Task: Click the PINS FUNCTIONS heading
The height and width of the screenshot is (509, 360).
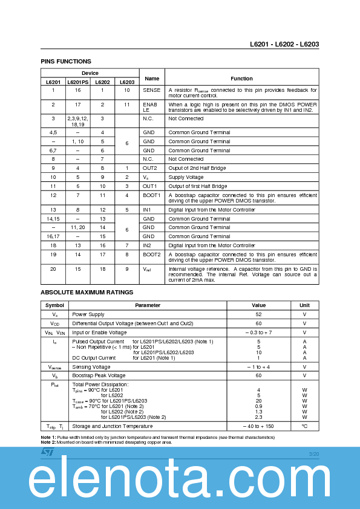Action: click(x=66, y=61)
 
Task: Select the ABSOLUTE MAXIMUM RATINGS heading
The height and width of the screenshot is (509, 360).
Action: click(x=87, y=292)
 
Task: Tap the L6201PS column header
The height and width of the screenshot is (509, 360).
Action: click(x=77, y=82)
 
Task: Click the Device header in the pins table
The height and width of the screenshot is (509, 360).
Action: click(x=90, y=73)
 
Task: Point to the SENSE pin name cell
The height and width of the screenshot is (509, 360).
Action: click(x=152, y=90)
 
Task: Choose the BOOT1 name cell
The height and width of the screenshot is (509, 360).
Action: click(x=152, y=195)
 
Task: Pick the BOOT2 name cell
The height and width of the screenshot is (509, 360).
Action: click(x=152, y=254)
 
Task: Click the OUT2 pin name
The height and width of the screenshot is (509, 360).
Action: click(x=150, y=167)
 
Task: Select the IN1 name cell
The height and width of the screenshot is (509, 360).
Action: click(x=148, y=210)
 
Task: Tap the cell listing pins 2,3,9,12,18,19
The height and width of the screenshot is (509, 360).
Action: click(x=77, y=121)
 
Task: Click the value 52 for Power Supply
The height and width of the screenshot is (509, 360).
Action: click(x=258, y=314)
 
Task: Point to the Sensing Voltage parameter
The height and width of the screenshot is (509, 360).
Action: click(x=91, y=366)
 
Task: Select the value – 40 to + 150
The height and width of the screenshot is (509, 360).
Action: click(x=258, y=426)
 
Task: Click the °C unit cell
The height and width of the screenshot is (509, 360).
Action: click(x=304, y=426)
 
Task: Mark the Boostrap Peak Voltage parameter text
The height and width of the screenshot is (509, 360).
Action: click(x=98, y=375)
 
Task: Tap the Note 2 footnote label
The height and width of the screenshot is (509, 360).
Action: click(x=48, y=442)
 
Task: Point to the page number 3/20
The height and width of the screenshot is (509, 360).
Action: click(x=313, y=453)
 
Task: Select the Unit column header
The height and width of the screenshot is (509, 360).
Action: click(x=304, y=305)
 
